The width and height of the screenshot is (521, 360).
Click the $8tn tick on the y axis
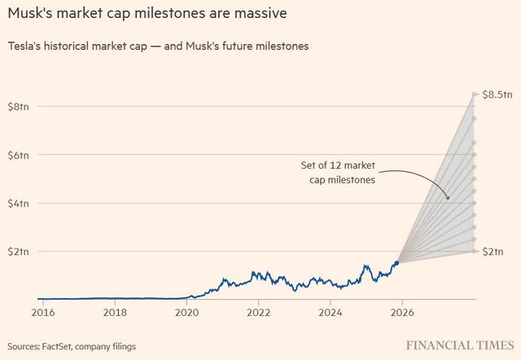[x=20, y=107]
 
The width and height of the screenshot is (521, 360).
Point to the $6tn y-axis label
[x=20, y=155]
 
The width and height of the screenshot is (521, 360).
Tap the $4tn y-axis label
[x=20, y=203]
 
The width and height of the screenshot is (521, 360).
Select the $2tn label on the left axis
[x=20, y=251]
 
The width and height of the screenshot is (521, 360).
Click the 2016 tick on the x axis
[x=43, y=312]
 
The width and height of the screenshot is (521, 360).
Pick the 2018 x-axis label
[x=115, y=312]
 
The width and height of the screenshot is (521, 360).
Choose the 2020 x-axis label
[x=186, y=312]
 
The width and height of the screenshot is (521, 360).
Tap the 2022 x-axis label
[x=258, y=312]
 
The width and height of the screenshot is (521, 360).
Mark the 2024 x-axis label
[x=331, y=312]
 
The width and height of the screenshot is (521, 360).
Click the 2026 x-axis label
[x=402, y=312]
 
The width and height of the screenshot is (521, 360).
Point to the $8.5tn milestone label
[x=497, y=95]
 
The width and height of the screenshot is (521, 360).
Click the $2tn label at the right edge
[x=494, y=252]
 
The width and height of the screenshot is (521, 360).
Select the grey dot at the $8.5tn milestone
[x=474, y=95]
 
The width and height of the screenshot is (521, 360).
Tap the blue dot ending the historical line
[x=396, y=262]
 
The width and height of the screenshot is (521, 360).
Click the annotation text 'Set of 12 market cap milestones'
[x=337, y=173]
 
